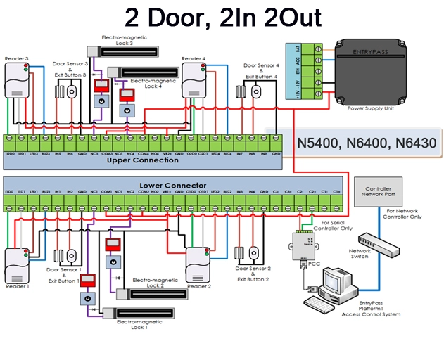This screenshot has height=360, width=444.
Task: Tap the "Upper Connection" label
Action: [143, 160]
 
